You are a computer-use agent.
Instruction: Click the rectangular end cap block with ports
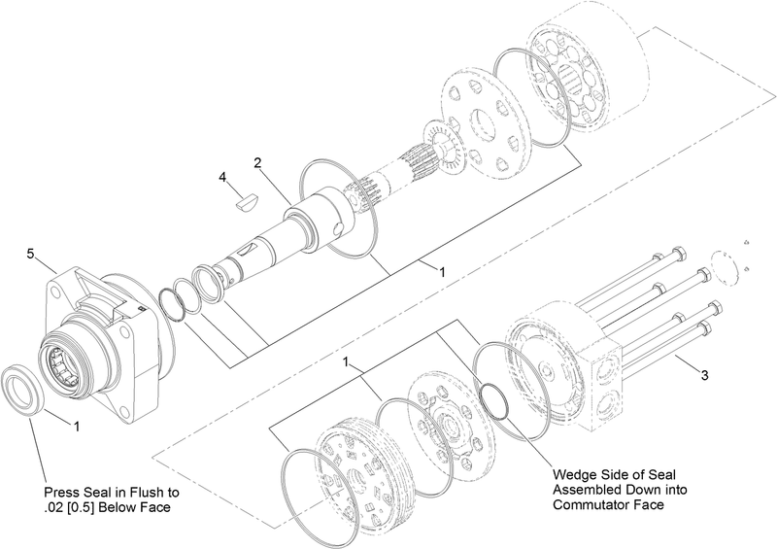606,375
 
